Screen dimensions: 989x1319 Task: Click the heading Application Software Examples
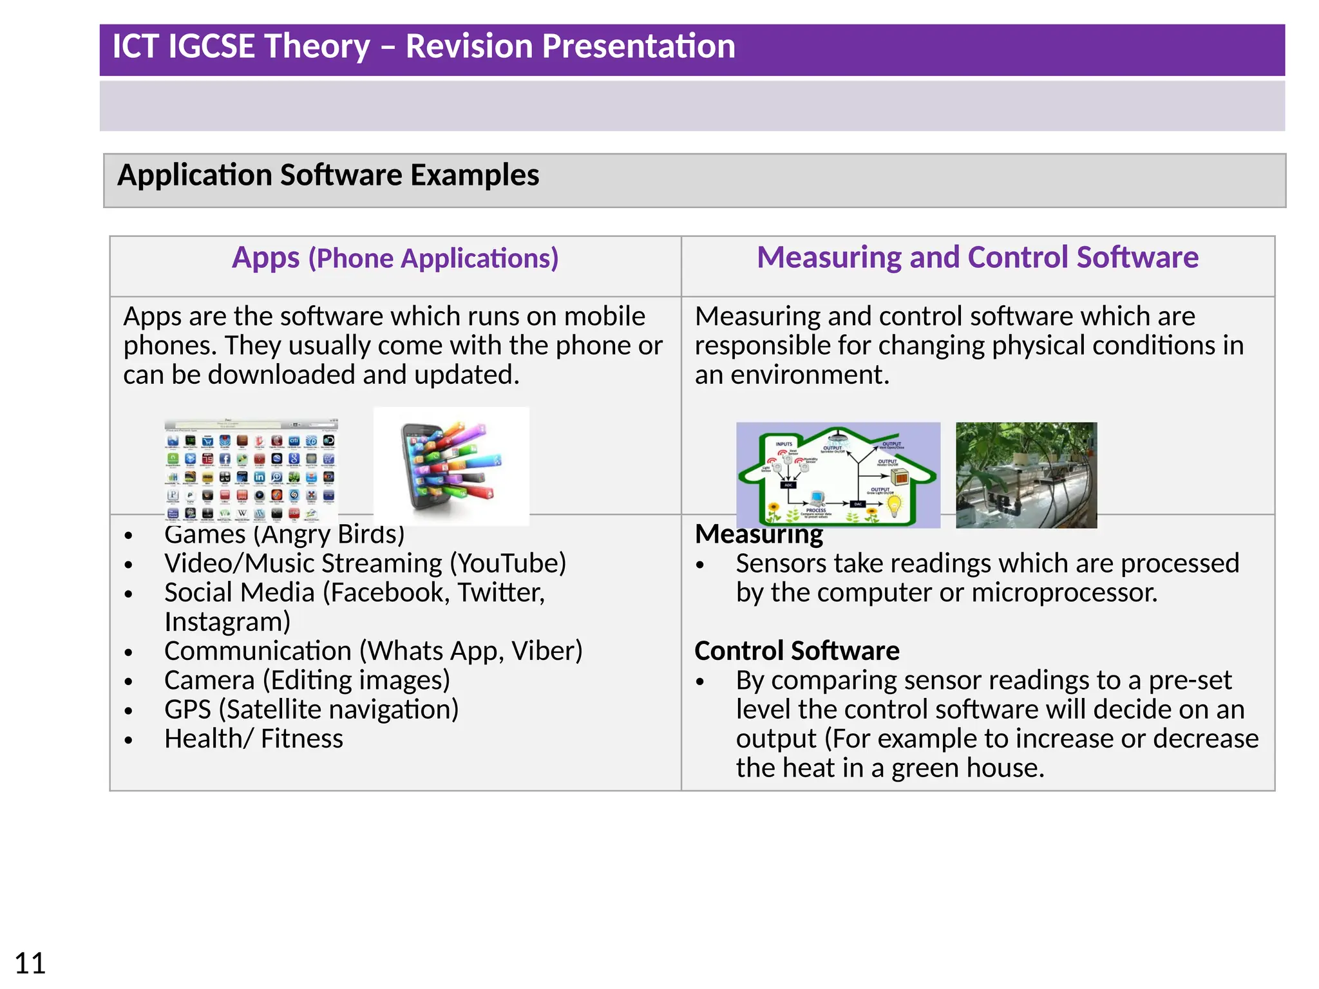[328, 175]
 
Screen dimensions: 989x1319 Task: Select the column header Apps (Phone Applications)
[395, 258]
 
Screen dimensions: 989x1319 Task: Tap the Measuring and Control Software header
[977, 258]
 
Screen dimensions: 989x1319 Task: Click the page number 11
[30, 964]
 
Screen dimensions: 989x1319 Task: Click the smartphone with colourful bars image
[451, 466]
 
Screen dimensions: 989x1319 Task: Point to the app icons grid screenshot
[251, 470]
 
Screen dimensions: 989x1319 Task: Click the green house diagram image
[837, 475]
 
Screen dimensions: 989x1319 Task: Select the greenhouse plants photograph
[1025, 475]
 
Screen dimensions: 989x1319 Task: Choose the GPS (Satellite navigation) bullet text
[311, 710]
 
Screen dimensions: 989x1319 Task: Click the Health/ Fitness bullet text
[253, 739]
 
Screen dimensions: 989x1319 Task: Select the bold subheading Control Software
[797, 651]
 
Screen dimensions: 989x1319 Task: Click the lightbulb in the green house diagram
[895, 505]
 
